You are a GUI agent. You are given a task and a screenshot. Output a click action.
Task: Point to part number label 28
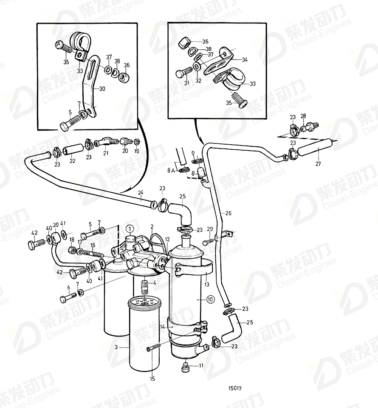(303, 116)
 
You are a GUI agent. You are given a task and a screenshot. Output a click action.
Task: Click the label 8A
(170, 170)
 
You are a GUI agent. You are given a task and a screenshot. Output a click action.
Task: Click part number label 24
(141, 194)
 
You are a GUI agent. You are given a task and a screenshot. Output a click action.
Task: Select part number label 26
(228, 213)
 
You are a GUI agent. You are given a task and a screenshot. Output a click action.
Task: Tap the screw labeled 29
(206, 242)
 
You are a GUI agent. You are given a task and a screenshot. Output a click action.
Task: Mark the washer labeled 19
(137, 141)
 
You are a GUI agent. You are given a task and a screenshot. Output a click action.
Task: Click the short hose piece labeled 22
(71, 150)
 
